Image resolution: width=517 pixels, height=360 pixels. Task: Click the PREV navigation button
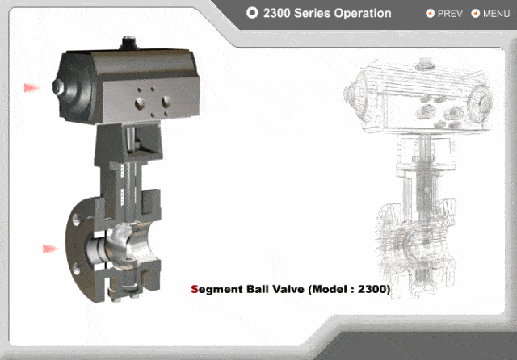444,14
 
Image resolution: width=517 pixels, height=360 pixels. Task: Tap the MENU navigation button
490,14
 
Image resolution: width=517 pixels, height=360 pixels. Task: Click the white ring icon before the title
252,13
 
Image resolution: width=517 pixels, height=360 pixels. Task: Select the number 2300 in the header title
276,13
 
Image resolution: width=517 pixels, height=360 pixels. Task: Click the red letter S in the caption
195,289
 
